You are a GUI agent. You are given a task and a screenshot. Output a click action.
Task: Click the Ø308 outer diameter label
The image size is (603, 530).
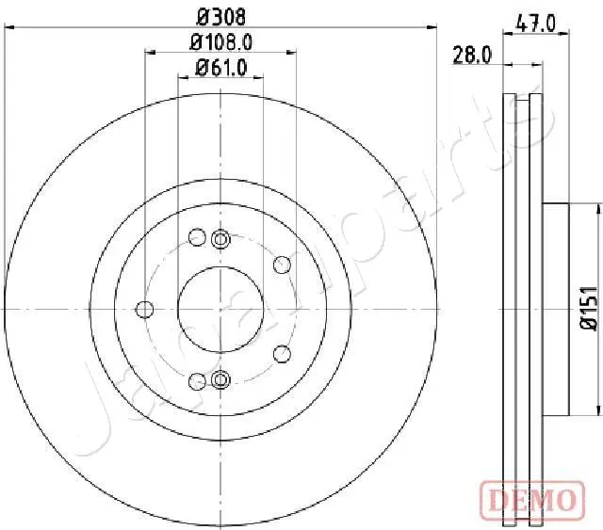point(220,17)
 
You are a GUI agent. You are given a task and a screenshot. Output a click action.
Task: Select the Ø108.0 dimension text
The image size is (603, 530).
point(221,42)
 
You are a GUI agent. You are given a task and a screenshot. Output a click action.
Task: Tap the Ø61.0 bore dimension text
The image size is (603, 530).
point(221,68)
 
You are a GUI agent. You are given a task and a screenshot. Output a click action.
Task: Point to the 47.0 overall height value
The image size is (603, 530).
point(536,24)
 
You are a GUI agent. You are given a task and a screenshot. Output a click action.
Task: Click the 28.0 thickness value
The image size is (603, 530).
point(472,55)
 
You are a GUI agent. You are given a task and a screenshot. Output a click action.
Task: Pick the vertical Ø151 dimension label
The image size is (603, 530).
point(589,308)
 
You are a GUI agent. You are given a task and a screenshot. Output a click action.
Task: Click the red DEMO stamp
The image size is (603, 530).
point(532,500)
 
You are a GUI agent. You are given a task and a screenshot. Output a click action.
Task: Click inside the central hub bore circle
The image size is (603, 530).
point(220,309)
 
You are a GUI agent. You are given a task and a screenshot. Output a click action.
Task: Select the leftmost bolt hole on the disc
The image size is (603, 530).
point(145,310)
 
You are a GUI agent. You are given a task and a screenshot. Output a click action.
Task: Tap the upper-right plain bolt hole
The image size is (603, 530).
point(282,265)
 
